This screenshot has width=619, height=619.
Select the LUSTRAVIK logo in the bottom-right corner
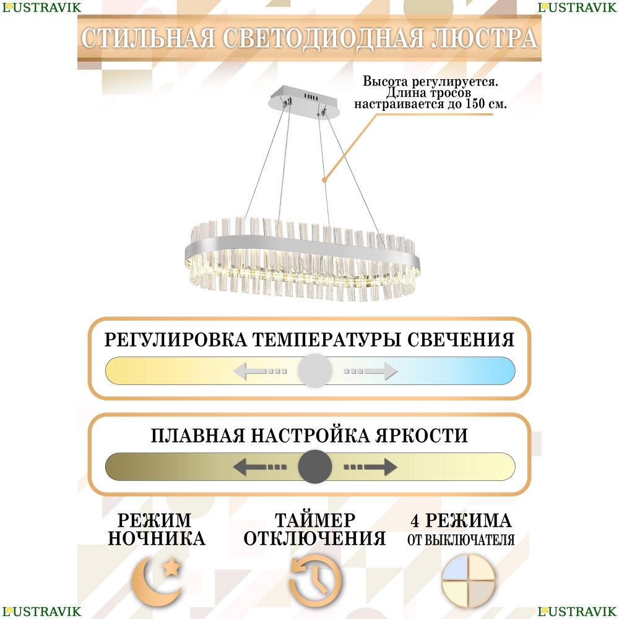click(x=577, y=611)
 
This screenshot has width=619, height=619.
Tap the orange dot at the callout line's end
click(x=324, y=180)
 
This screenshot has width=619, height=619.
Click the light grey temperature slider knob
click(x=314, y=371)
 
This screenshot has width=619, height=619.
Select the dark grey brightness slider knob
click(x=314, y=467)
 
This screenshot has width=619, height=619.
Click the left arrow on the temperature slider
click(x=260, y=371)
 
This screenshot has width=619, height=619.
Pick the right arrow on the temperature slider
click(x=370, y=371)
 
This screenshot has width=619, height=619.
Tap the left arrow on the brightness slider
click(x=260, y=467)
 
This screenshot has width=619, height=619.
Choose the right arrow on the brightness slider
click(x=370, y=467)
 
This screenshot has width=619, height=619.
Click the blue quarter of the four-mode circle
click(x=454, y=567)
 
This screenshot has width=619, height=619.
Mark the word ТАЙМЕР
click(x=314, y=521)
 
